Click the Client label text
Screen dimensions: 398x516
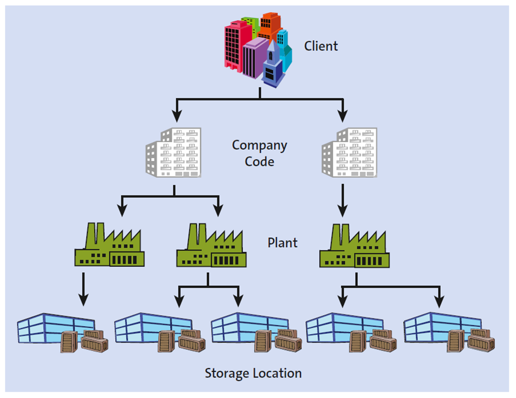pos(321,46)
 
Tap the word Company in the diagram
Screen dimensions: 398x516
pos(259,145)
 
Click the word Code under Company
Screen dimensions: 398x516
pos(259,162)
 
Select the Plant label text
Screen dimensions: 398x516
pos(283,242)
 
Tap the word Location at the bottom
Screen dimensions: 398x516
pos(278,373)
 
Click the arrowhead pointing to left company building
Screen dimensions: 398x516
pos(176,116)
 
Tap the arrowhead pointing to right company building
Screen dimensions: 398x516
pos(343,116)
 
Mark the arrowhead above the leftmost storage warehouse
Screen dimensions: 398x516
pos(82,300)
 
